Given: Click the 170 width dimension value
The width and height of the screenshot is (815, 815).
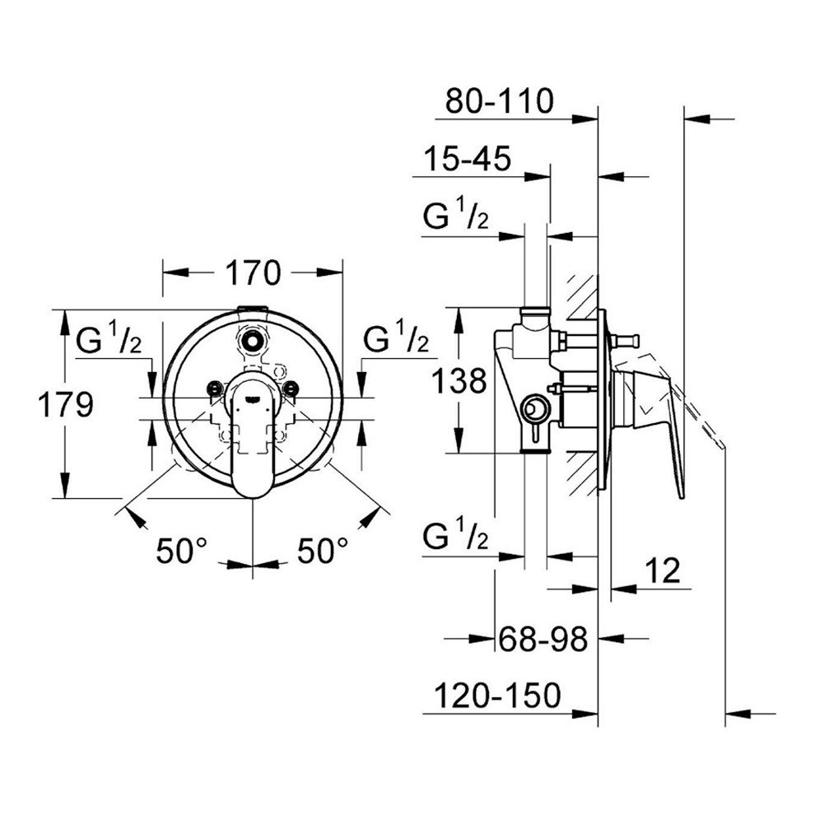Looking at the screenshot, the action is [x=253, y=272].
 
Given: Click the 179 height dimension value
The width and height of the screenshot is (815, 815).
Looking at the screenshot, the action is [x=66, y=404].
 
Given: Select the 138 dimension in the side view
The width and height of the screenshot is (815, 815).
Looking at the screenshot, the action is [x=459, y=381].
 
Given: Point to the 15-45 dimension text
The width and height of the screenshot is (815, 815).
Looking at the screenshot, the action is [x=468, y=158].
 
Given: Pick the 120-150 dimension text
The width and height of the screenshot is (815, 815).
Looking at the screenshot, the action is [x=497, y=696].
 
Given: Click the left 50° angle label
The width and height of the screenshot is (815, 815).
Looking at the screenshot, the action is [x=182, y=551].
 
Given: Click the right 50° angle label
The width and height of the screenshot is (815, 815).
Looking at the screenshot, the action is [x=323, y=551].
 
